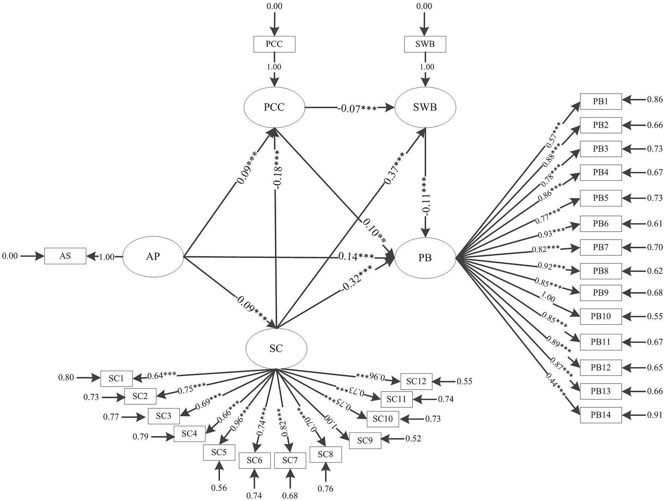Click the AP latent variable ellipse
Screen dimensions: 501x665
153,256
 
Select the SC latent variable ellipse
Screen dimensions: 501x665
276,348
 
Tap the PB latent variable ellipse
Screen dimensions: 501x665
425,257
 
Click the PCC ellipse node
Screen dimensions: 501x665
274,107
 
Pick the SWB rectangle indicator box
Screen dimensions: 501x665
425,44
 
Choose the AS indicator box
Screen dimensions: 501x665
65,256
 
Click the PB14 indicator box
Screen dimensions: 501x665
601,415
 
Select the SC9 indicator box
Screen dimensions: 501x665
365,441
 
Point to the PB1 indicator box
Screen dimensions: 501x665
601,101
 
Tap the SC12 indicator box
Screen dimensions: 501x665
416,382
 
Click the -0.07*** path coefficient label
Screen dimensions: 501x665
357,109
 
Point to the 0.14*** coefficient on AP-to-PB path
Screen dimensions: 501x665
356,257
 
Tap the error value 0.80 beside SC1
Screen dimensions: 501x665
66,378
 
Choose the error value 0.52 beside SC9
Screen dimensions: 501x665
413,438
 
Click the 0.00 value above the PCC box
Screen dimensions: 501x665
274,6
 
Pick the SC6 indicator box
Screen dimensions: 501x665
255,460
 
